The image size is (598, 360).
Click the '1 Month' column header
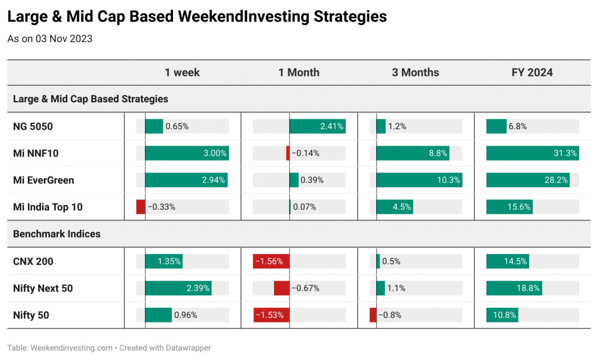tap(299, 72)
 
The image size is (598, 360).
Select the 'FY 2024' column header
tap(532, 72)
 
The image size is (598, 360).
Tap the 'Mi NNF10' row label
tap(36, 154)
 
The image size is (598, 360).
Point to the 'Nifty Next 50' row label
tap(43, 288)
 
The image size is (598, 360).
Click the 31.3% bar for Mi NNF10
tap(533, 153)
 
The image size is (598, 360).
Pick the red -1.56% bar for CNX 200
tap(271, 261)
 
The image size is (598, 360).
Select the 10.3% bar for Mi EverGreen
tap(419, 180)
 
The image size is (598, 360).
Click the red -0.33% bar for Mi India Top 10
tap(141, 207)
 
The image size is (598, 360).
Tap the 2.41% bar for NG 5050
tap(318, 126)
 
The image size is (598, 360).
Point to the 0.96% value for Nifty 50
tap(186, 315)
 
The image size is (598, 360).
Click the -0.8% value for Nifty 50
tap(390, 315)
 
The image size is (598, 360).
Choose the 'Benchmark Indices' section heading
tap(57, 234)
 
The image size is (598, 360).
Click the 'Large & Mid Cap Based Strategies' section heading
tap(91, 99)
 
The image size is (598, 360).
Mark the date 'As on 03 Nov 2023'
tap(50, 39)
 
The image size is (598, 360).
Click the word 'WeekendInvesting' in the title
tap(244, 17)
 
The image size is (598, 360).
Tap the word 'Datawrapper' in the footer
tap(188, 348)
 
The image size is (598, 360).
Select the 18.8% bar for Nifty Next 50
tap(514, 288)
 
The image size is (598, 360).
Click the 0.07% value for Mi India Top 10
tap(304, 207)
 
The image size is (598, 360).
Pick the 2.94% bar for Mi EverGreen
tap(186, 180)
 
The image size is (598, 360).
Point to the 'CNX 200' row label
tap(33, 261)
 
